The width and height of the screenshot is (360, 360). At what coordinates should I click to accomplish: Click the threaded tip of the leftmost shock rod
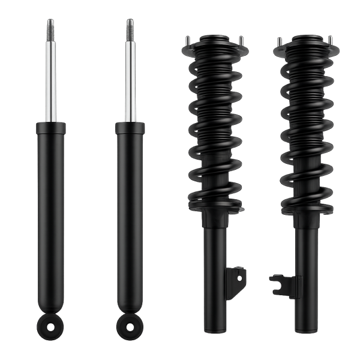[50, 26]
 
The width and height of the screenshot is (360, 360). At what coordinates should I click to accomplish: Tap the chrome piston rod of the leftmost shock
[50, 78]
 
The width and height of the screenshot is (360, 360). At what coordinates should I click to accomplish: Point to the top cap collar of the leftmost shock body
[50, 128]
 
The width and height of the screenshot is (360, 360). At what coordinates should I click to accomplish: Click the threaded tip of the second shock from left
[130, 26]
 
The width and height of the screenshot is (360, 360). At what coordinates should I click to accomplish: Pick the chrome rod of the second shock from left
[130, 78]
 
